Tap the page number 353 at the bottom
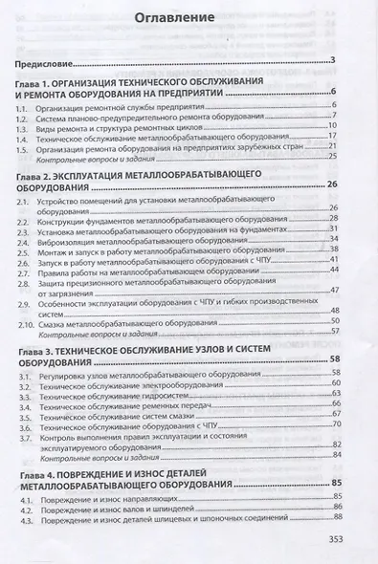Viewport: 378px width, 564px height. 354,538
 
